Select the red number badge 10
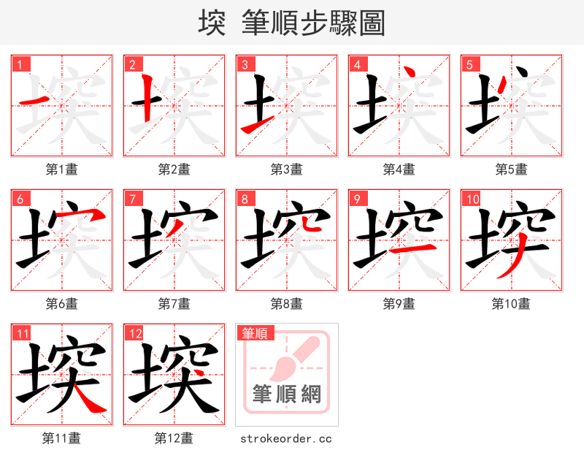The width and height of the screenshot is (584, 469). coord(472,199)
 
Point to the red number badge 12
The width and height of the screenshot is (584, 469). coord(135,333)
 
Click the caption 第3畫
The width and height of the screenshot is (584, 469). coord(287,169)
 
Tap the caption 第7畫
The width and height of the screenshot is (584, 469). coord(174,304)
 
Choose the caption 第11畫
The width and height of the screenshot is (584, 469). coord(62,438)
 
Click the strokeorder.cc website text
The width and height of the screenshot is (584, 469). coord(286,438)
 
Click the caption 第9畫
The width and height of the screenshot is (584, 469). coord(399,304)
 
